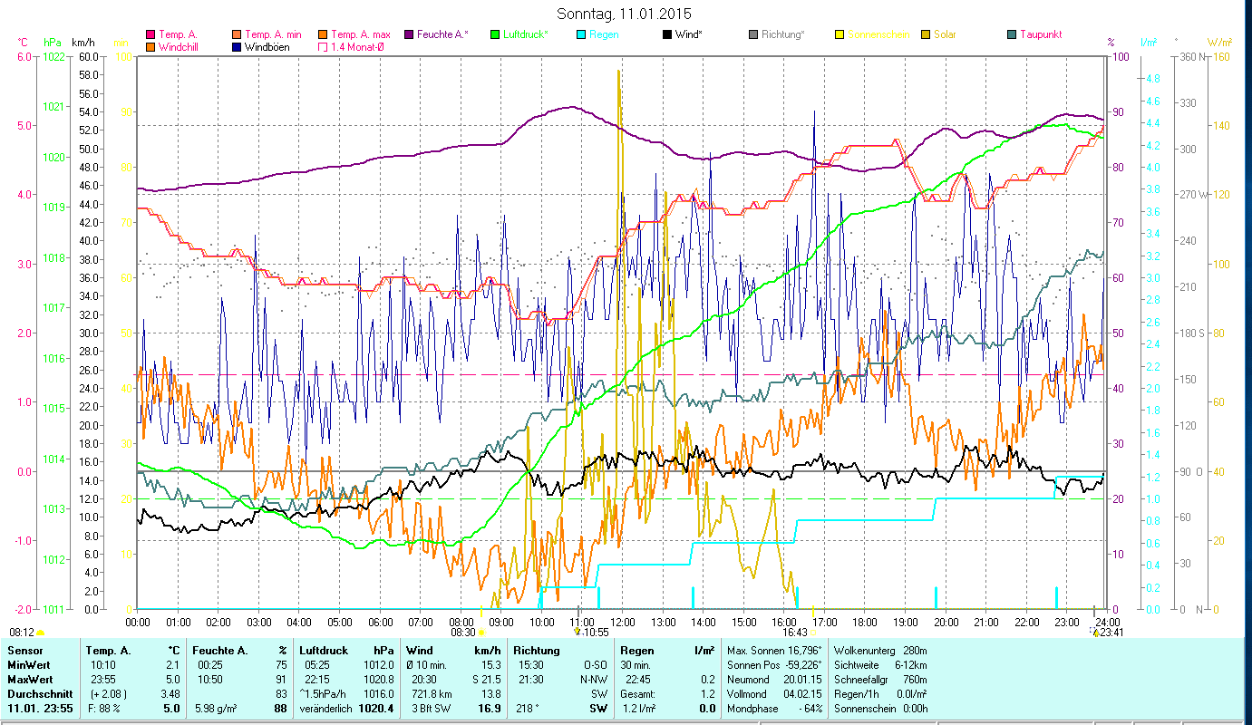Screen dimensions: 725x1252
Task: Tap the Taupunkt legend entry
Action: pos(1040,34)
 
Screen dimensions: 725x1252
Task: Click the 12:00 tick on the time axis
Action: pos(622,623)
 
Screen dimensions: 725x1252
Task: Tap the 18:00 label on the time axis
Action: pos(865,623)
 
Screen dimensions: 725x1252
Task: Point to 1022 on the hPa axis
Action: pos(53,56)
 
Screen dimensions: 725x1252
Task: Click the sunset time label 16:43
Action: pos(795,633)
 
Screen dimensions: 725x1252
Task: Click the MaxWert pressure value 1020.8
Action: pos(379,678)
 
